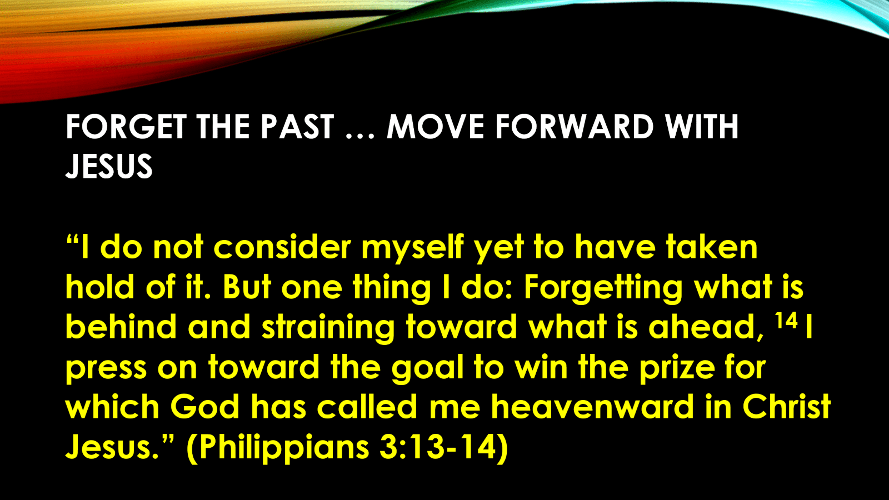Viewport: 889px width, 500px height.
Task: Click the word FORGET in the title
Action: (x=126, y=127)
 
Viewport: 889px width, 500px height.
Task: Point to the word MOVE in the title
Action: (x=436, y=127)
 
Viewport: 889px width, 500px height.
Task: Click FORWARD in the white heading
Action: (x=575, y=127)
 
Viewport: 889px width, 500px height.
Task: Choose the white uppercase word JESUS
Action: (x=109, y=166)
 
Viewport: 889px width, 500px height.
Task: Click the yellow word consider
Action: (x=282, y=247)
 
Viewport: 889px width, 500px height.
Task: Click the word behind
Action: (x=121, y=327)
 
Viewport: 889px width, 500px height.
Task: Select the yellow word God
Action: (x=205, y=406)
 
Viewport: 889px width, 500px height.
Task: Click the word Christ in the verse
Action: (x=786, y=406)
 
